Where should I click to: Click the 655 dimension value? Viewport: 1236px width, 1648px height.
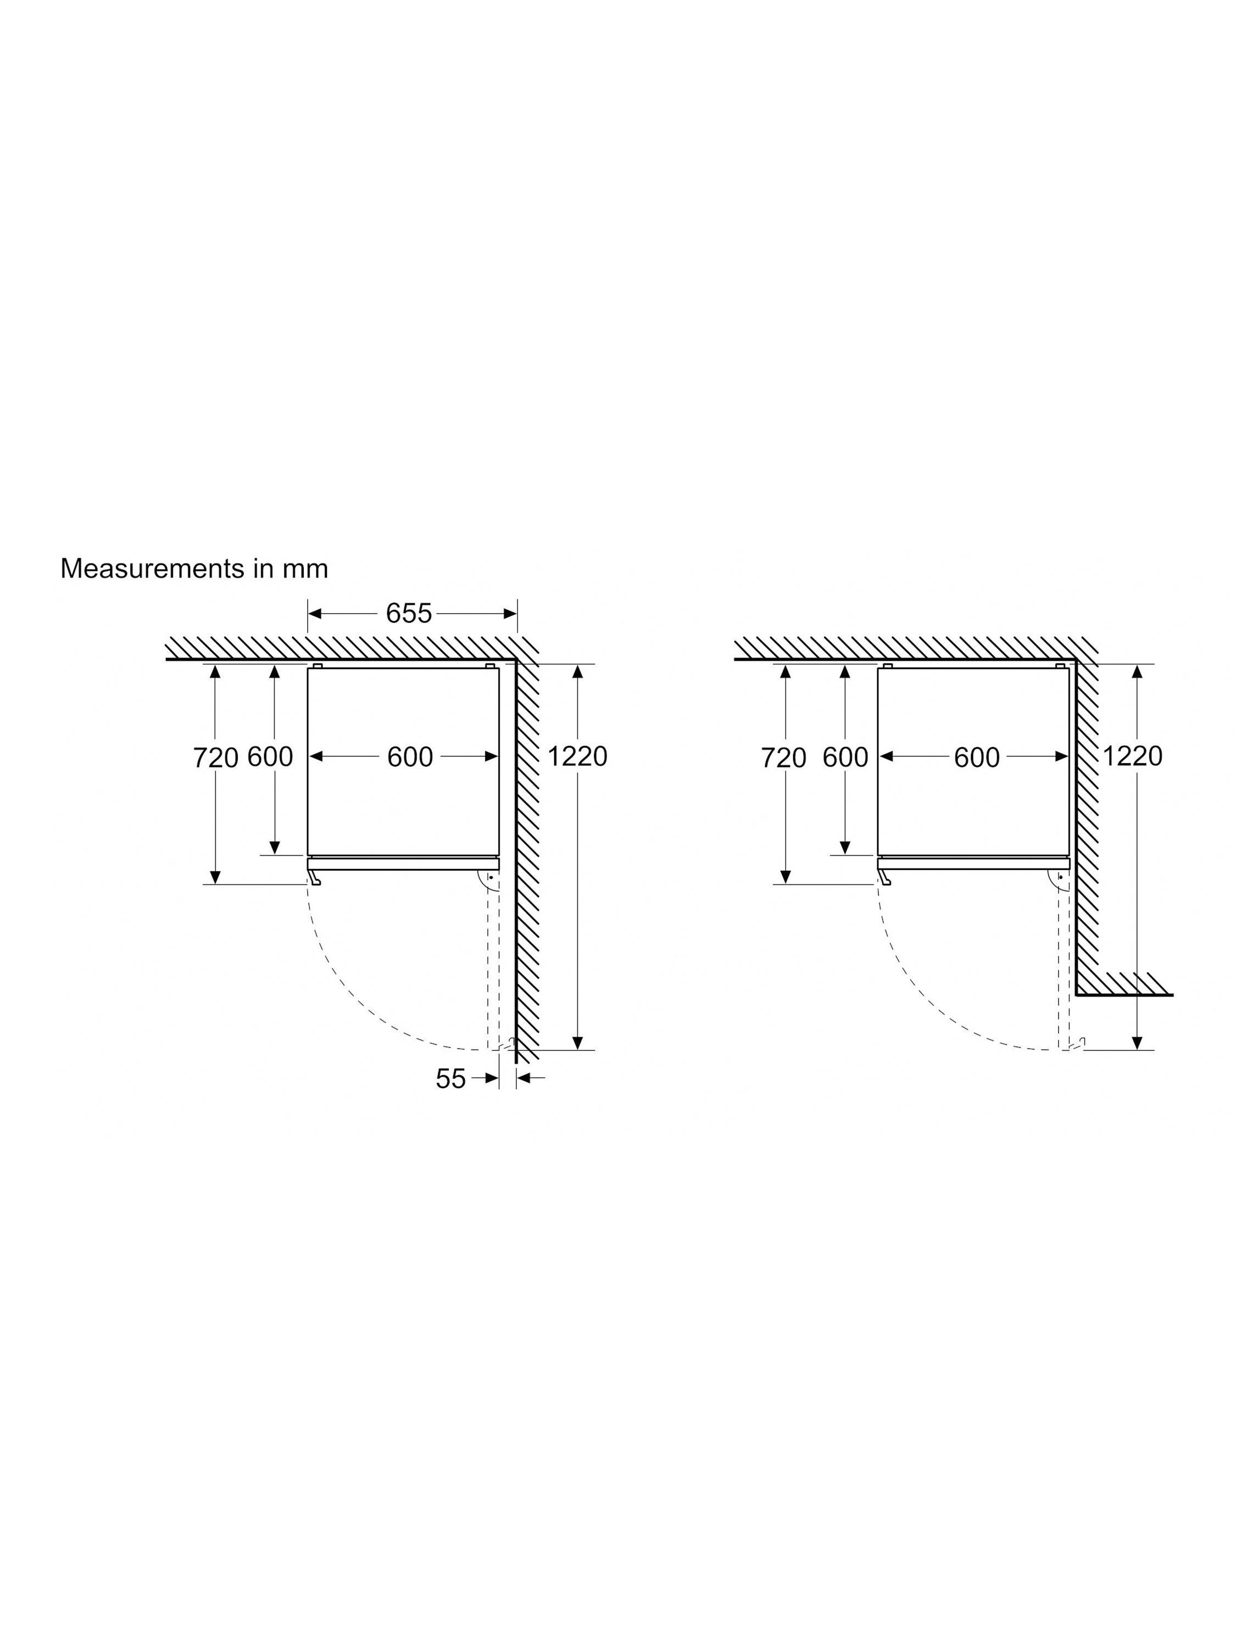click(x=408, y=613)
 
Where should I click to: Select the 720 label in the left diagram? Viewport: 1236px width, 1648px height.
click(x=215, y=758)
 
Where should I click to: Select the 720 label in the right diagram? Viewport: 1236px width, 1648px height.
click(x=784, y=758)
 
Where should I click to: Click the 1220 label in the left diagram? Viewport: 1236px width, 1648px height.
click(x=577, y=756)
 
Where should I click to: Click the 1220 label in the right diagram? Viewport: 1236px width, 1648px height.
click(x=1132, y=756)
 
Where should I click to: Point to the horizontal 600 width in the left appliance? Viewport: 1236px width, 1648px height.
click(x=410, y=757)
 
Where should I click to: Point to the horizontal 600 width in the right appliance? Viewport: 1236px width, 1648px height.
click(x=977, y=758)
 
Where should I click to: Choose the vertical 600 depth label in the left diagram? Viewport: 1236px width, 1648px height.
click(x=270, y=757)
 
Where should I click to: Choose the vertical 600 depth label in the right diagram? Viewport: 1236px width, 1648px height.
click(x=845, y=758)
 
